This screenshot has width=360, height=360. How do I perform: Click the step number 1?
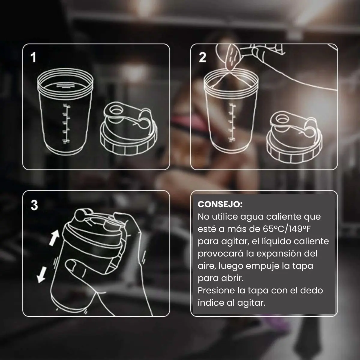pyautogui.click(x=33, y=57)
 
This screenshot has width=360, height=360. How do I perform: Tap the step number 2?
pyautogui.click(x=202, y=57)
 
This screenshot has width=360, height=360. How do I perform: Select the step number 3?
pyautogui.click(x=34, y=205)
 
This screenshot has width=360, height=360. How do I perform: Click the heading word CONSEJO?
pyautogui.click(x=220, y=205)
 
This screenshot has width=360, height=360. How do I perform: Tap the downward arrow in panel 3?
pyautogui.click(x=41, y=274)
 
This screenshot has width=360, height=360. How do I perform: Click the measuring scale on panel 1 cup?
pyautogui.click(x=66, y=124)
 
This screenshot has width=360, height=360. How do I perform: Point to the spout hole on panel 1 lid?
pyautogui.click(x=116, y=111)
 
